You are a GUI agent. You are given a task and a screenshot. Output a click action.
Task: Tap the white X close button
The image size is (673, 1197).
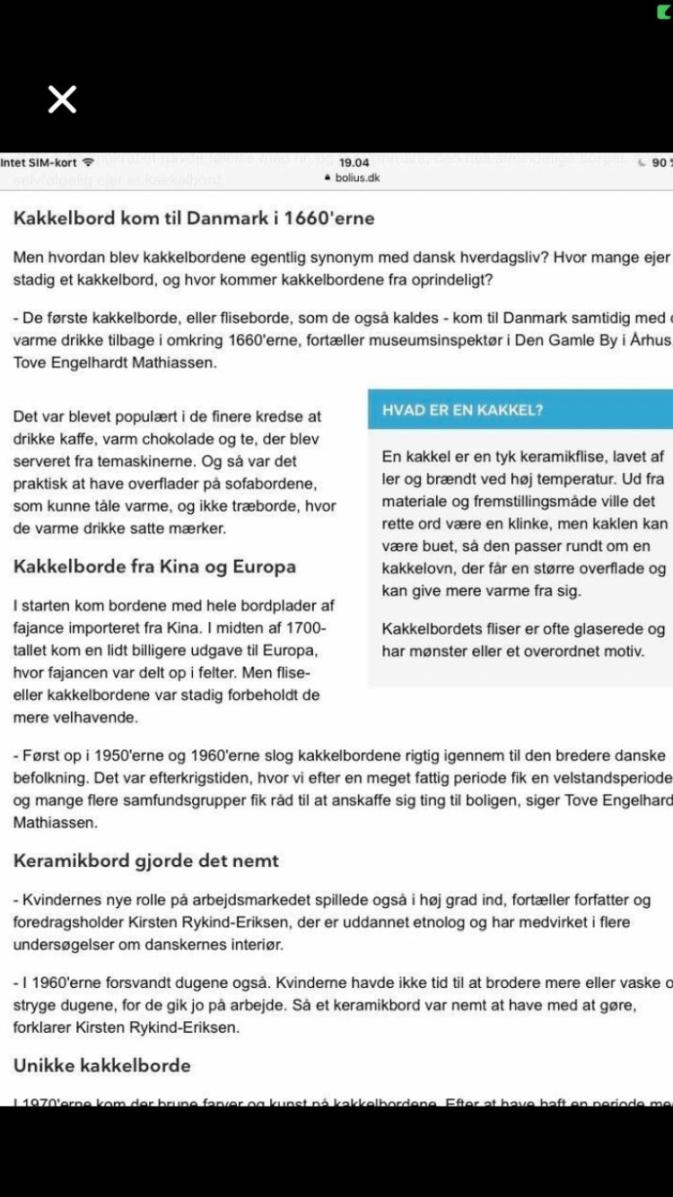[62, 99]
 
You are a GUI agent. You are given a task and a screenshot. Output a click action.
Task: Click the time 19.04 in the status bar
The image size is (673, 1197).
[354, 162]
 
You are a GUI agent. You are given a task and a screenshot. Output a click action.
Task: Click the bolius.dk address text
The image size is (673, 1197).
[357, 178]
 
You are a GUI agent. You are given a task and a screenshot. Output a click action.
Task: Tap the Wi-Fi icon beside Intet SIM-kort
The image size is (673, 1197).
[88, 162]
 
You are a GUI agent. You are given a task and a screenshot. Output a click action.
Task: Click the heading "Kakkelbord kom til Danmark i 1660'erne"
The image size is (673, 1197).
[194, 218]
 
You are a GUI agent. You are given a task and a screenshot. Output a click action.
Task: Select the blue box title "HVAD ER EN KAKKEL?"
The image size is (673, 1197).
[462, 410]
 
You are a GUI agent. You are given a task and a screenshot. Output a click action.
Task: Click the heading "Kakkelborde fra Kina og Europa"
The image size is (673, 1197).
[154, 566]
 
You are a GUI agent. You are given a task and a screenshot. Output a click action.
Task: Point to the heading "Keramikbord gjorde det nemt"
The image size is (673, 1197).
[146, 861]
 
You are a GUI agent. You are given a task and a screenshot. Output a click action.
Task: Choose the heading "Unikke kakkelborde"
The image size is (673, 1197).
[102, 1065]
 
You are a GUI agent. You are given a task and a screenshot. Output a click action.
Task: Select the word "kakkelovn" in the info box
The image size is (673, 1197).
[419, 568]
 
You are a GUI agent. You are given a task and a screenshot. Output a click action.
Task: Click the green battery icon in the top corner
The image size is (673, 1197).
[664, 12]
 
